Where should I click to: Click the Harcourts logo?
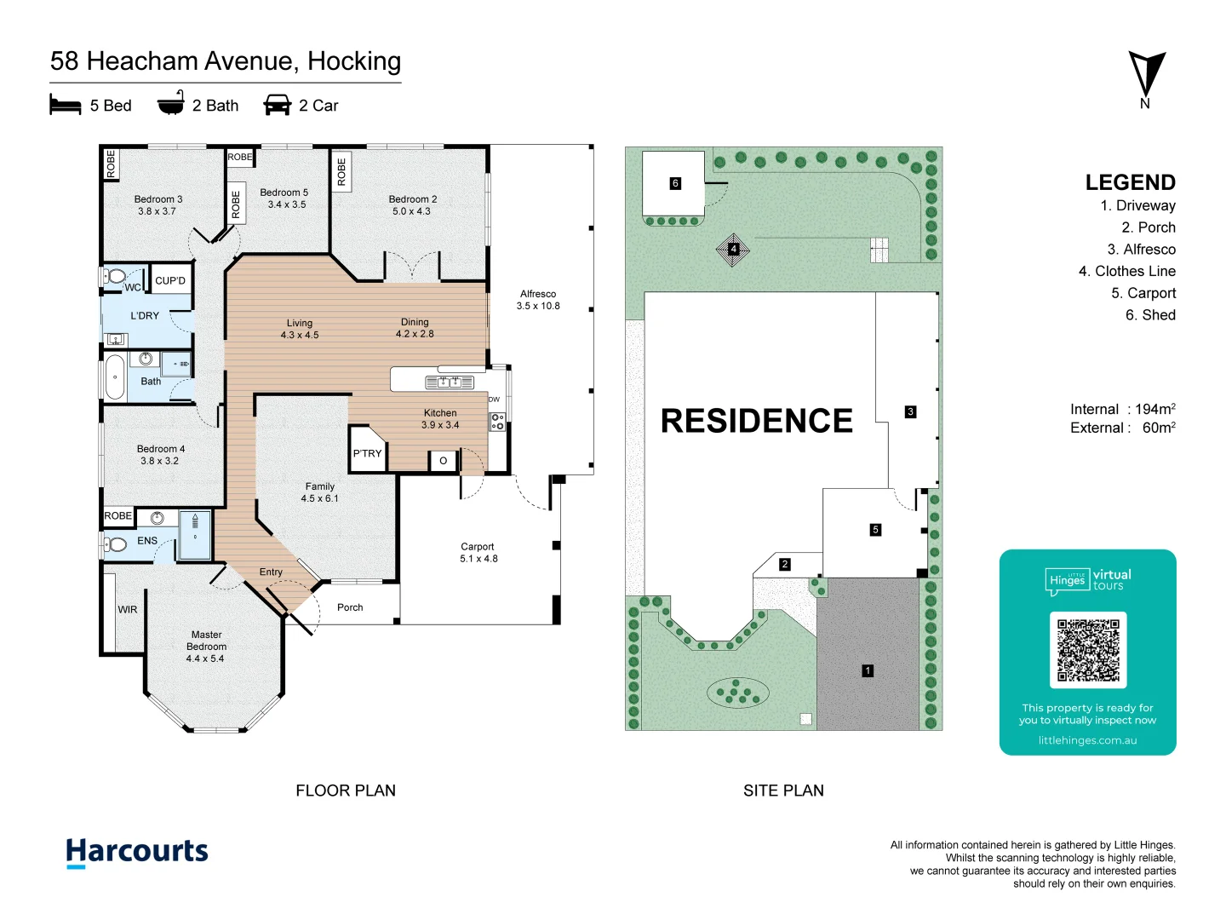137,852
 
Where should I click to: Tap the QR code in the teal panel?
1087,650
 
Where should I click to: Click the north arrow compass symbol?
1146,75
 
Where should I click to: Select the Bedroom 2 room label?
412,204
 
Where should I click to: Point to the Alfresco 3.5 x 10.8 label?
538,300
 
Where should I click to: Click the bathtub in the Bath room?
114,377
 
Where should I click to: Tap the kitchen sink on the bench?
449,382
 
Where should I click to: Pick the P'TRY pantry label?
367,453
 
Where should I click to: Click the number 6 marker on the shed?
675,183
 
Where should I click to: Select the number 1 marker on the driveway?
868,671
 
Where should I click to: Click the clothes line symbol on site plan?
733,250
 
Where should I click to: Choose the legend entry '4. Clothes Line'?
1126,271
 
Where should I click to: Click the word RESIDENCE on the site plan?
756,421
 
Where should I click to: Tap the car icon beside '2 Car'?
278,105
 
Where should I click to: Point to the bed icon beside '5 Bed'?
66,105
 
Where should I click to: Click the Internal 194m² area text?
1122,409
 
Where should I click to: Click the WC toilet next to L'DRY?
115,276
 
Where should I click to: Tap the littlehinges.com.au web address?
1087,740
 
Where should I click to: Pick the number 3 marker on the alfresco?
910,411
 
